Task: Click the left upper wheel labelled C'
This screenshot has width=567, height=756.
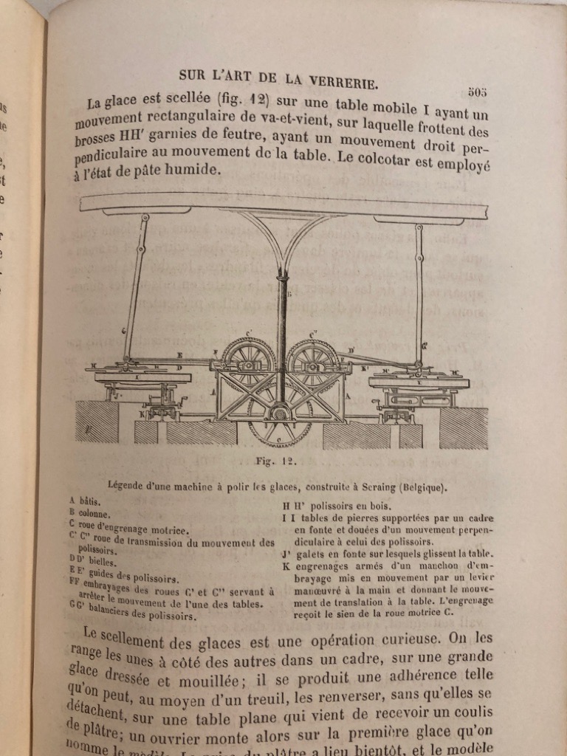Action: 248,361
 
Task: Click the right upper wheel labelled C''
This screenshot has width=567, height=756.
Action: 313,361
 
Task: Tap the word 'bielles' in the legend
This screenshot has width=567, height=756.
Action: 102,563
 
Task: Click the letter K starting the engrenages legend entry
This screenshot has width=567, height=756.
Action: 285,566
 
